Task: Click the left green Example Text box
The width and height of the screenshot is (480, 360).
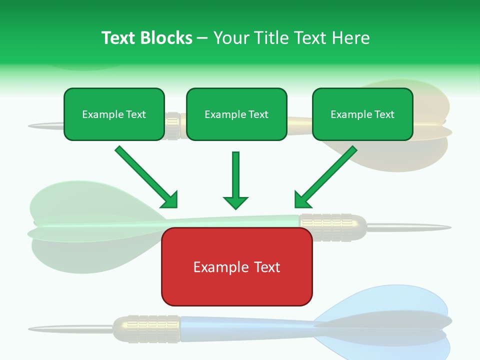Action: tap(114, 114)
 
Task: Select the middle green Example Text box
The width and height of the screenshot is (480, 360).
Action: tap(236, 114)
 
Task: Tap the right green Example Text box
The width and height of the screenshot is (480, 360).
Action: tap(362, 114)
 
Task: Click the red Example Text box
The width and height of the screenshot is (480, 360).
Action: tap(236, 267)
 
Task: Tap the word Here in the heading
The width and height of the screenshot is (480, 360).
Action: tap(350, 38)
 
